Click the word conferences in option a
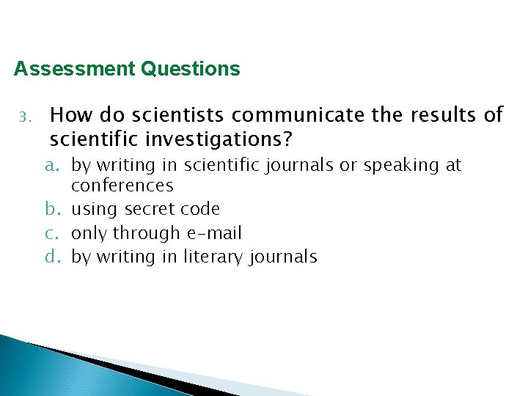point(122,186)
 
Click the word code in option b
point(203,209)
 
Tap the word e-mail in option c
point(213,233)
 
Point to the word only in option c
point(87,234)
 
